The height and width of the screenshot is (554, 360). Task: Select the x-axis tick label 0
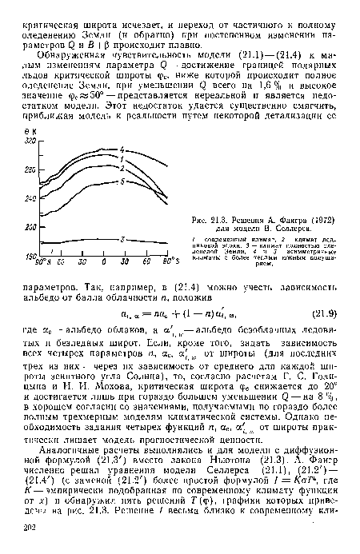click(x=106, y=262)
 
